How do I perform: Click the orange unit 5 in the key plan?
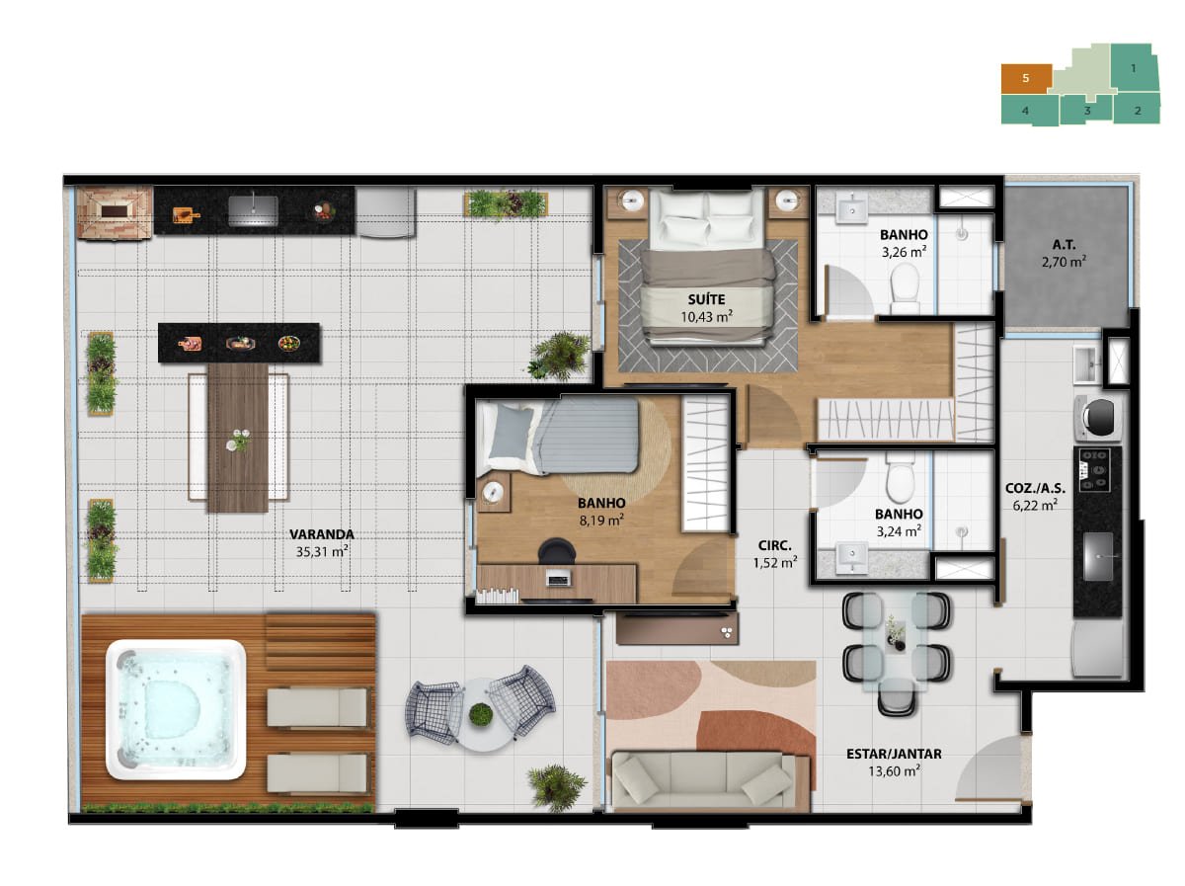point(1025,79)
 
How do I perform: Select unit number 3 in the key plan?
point(1087,111)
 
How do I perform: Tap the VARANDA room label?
point(322,534)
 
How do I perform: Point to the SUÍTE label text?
point(706,299)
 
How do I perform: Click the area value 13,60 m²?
point(894,771)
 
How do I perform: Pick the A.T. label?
point(1064,245)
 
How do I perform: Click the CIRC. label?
point(775,545)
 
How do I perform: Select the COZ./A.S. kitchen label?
point(1035,489)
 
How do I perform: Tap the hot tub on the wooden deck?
point(176,709)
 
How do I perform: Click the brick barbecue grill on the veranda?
point(115,212)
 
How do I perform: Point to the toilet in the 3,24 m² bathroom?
point(900,477)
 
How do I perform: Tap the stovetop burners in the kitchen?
point(1094,470)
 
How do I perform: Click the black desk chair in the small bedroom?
point(557,550)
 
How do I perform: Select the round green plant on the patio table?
point(481,714)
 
